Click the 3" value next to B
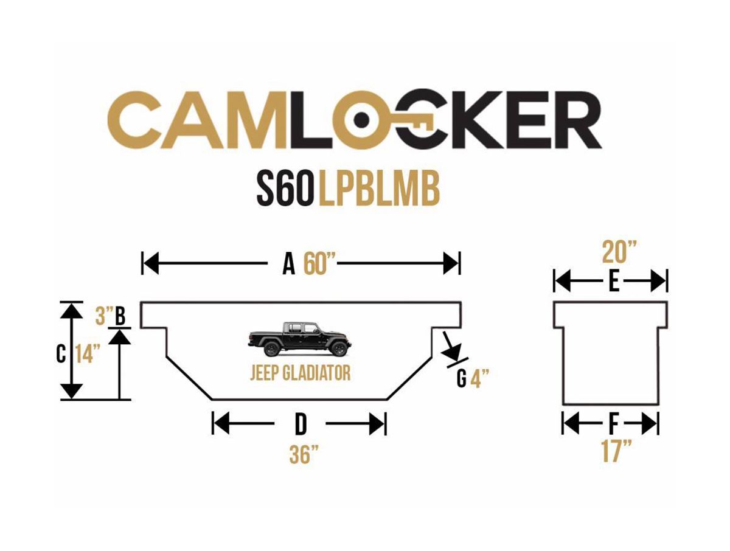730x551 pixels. coord(104,316)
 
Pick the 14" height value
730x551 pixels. coord(88,354)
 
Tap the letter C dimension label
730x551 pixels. coord(61,355)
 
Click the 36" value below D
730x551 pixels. coord(304,454)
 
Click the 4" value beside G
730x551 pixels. coord(479,378)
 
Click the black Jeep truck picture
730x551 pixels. coord(299,339)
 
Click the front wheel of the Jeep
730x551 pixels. coord(339,348)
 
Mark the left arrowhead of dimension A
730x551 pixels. coord(151,263)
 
